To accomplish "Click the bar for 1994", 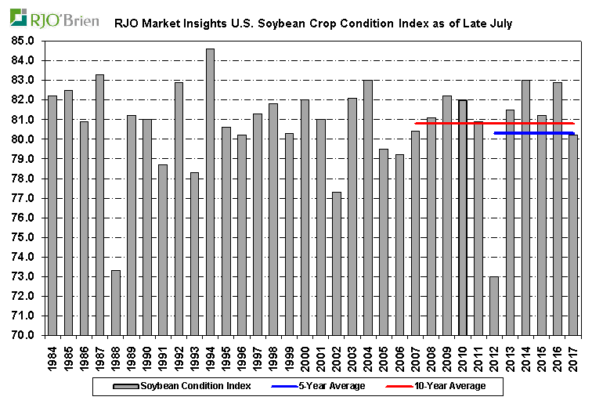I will point(210,192).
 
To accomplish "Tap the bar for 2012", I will point(493,305).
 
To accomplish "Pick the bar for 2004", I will point(367,207).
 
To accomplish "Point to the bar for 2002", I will point(336,263).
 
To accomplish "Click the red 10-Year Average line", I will point(439,123).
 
